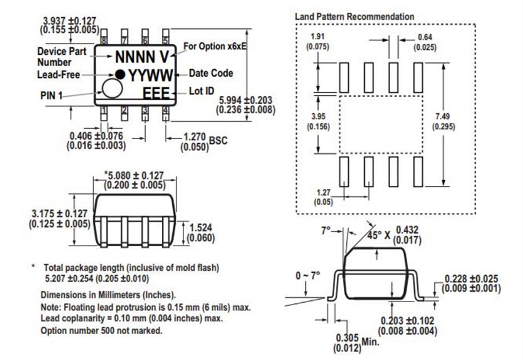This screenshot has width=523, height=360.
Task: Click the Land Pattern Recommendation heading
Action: click(x=354, y=16)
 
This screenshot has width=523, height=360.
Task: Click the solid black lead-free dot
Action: click(x=121, y=74)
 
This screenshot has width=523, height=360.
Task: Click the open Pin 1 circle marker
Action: click(x=112, y=89)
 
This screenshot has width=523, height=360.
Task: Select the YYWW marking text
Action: click(x=148, y=75)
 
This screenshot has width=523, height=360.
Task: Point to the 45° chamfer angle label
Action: click(x=375, y=235)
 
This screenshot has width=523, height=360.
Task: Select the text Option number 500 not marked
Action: click(x=101, y=330)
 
